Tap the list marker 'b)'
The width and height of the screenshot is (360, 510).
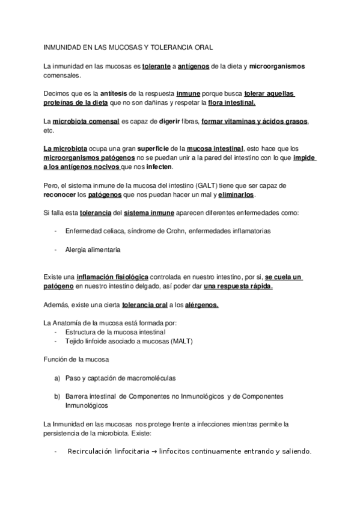pos(57,396)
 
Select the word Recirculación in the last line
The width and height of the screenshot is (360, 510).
pos(94,451)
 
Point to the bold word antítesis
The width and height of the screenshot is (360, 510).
pos(97,93)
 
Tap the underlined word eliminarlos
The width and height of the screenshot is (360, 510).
pos(235,195)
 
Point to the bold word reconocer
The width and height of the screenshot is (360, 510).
pos(61,195)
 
